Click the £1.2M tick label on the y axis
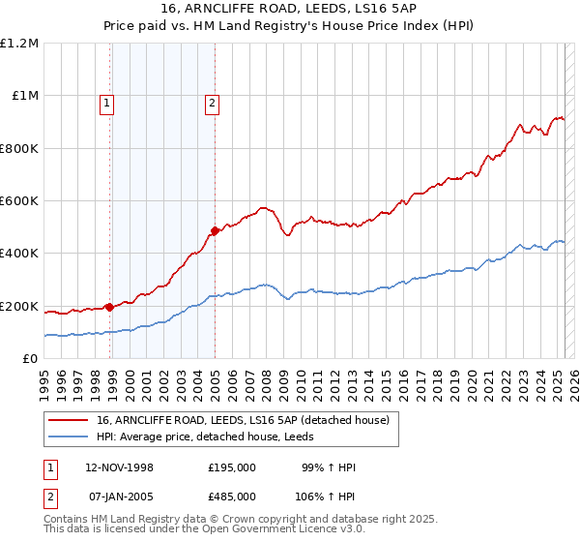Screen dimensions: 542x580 (x=19, y=44)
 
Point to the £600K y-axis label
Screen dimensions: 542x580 (x=19, y=201)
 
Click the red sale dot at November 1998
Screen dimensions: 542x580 (x=110, y=308)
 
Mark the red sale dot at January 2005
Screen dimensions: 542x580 (x=215, y=231)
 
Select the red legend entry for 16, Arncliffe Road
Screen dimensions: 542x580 (x=242, y=419)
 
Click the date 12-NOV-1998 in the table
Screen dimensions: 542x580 (x=119, y=467)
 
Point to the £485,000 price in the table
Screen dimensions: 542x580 (x=232, y=496)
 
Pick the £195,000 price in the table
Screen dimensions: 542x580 (x=232, y=467)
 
